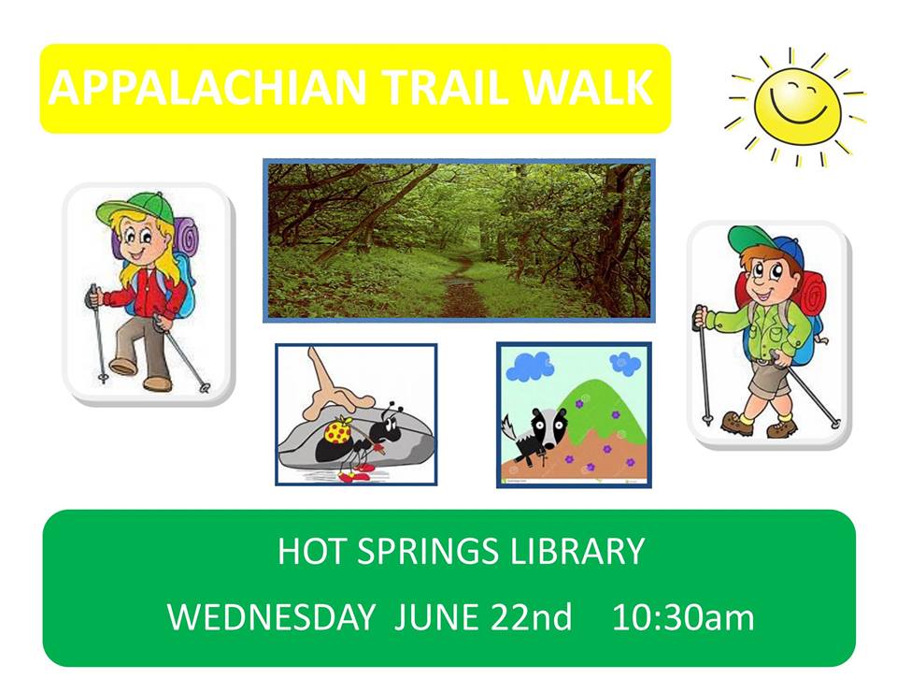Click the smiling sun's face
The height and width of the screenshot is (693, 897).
[x=797, y=105]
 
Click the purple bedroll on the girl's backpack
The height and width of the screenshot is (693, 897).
[x=186, y=239]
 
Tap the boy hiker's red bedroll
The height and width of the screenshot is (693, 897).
[x=811, y=298]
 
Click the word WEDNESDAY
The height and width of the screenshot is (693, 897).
[x=271, y=617]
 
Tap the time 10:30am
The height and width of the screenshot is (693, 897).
[x=683, y=617]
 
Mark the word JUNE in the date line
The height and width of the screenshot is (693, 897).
[x=436, y=617]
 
